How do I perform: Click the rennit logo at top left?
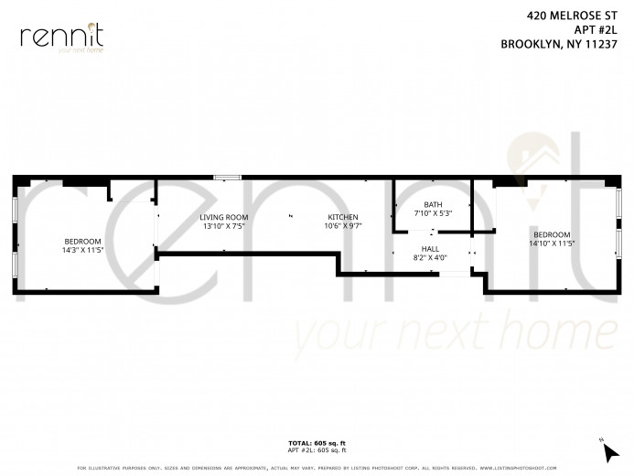pyautogui.click(x=61, y=38)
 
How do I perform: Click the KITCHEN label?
pyautogui.click(x=343, y=217)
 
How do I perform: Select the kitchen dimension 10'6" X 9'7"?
pyautogui.click(x=343, y=225)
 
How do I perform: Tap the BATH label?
pyautogui.click(x=432, y=205)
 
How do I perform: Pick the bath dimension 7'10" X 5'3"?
pyautogui.click(x=432, y=213)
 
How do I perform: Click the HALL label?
pyautogui.click(x=430, y=249)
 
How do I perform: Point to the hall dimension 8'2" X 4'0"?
pyautogui.click(x=430, y=257)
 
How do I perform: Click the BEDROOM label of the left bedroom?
pyautogui.click(x=81, y=241)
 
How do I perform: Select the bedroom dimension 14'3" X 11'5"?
pyautogui.click(x=81, y=249)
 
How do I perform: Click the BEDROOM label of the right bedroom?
pyautogui.click(x=552, y=234)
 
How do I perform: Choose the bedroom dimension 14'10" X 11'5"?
pyautogui.click(x=552, y=243)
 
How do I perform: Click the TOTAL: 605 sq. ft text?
pyautogui.click(x=317, y=443)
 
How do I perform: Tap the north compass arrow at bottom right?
pyautogui.click(x=608, y=449)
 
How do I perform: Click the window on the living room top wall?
pyautogui.click(x=226, y=176)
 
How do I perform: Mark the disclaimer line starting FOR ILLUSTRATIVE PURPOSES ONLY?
pyautogui.click(x=317, y=469)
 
